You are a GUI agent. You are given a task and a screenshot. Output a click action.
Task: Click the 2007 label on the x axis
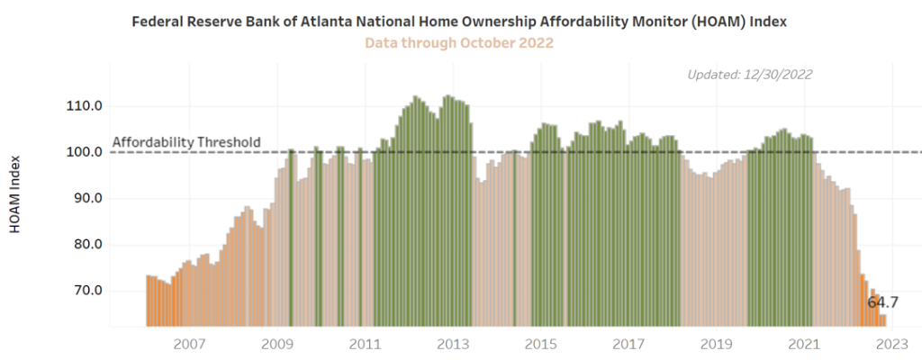coord(189,344)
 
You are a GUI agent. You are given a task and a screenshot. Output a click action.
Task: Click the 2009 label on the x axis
coord(277,344)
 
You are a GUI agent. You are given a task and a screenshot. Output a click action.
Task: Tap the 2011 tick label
coord(365,344)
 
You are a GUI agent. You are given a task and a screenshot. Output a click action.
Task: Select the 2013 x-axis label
coord(452,344)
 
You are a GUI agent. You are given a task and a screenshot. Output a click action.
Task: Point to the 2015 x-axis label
coord(540,344)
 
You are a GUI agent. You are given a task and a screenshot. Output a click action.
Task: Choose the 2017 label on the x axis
coord(628,344)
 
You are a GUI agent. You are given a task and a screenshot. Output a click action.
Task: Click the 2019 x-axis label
coord(716,344)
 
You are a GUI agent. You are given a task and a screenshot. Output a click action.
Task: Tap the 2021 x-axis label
coord(803,344)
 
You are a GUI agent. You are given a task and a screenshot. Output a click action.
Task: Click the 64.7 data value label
coord(882,302)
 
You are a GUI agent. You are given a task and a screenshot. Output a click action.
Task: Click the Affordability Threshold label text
coord(186,142)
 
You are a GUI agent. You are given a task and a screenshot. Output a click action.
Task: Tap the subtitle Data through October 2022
coord(458,42)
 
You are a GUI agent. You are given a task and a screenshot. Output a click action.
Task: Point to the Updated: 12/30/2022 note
coord(749,75)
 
